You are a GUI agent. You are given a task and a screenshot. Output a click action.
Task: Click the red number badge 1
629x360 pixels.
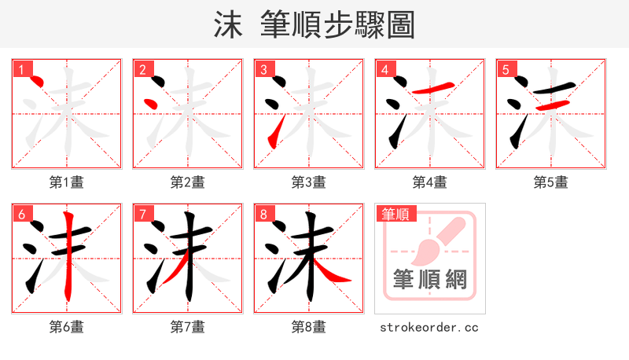[20, 69]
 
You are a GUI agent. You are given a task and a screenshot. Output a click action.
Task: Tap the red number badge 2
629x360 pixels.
[142, 69]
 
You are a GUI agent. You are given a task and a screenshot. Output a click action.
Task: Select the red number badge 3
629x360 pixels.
[263, 69]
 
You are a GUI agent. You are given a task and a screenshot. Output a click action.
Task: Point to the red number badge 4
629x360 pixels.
[384, 69]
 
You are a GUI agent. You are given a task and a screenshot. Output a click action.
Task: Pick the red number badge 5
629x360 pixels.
[505, 69]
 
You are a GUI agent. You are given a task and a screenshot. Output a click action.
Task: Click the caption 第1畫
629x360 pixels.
[67, 182]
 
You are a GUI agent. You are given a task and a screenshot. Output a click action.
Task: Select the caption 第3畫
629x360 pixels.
[309, 182]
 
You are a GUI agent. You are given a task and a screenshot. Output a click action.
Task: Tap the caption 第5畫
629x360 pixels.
[551, 182]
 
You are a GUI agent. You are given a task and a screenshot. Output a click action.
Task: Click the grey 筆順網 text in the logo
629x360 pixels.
[429, 279]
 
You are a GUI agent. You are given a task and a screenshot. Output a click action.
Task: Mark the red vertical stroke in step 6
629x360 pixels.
[69, 255]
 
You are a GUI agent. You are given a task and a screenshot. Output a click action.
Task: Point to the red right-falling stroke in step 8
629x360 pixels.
[334, 276]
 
